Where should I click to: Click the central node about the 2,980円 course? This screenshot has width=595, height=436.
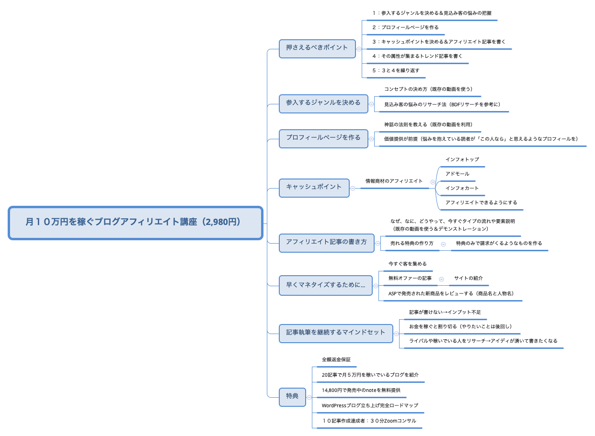[136, 223]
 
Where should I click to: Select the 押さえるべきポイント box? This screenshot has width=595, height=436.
[317, 48]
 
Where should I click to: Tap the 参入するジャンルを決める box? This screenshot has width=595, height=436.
[323, 103]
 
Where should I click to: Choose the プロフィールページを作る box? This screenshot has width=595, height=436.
[323, 138]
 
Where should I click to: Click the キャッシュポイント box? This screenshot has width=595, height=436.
[314, 187]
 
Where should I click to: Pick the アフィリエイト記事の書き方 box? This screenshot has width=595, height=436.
[326, 242]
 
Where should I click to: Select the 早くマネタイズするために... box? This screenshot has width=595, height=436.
[325, 285]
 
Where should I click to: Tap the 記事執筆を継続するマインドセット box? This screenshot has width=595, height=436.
[335, 333]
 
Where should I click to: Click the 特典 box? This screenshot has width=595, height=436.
[292, 396]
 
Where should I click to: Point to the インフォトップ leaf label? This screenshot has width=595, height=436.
[462, 159]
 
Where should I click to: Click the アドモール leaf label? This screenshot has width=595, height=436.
[457, 174]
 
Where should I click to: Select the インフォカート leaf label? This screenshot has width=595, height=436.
[462, 188]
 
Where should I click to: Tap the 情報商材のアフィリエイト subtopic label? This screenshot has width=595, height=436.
[394, 181]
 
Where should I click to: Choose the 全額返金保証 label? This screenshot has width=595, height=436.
[336, 359]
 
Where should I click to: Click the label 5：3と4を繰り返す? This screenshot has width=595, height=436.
[396, 70]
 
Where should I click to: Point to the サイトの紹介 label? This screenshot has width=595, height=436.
[468, 278]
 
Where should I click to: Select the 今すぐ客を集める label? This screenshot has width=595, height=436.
[407, 264]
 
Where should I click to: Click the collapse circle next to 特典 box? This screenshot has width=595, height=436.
[309, 397]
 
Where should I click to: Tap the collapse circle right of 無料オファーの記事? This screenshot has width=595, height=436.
[441, 279]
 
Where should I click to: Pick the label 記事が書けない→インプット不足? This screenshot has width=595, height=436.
[445, 312]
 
